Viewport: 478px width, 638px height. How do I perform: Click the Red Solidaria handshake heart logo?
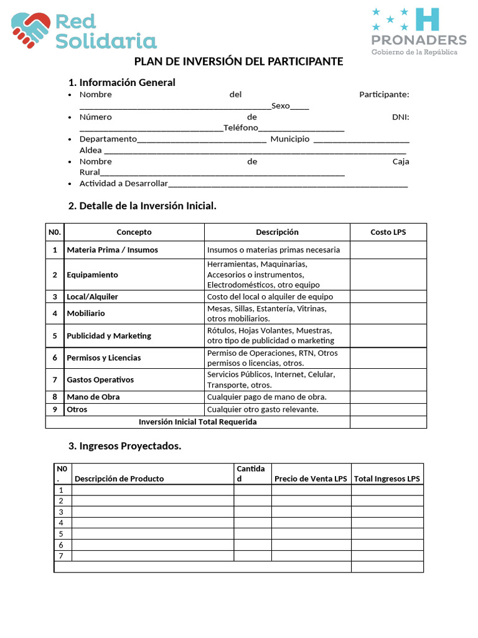click(x=30, y=29)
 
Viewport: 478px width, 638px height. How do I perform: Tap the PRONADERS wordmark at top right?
click(x=418, y=40)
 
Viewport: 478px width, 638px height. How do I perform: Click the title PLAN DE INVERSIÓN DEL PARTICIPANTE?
click(x=239, y=62)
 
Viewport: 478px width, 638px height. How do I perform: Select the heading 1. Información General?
click(x=121, y=82)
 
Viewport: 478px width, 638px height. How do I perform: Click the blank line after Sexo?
click(x=299, y=107)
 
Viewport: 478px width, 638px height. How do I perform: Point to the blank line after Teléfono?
click(x=301, y=128)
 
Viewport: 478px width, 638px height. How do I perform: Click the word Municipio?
click(x=289, y=139)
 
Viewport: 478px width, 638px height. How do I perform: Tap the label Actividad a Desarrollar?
click(x=124, y=184)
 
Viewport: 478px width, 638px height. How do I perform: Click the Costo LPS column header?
click(x=388, y=232)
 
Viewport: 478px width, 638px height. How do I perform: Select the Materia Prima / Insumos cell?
click(x=113, y=250)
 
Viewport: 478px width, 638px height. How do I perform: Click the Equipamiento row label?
click(x=93, y=275)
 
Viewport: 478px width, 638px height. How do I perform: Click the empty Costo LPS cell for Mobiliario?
click(x=388, y=313)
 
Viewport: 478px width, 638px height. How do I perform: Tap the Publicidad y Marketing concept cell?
click(x=109, y=336)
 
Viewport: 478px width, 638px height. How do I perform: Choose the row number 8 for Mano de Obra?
click(x=55, y=397)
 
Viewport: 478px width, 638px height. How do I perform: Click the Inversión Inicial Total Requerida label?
click(x=197, y=422)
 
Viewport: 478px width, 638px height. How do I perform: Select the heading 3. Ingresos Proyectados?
click(x=124, y=446)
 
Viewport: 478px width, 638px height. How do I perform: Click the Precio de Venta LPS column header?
click(x=311, y=478)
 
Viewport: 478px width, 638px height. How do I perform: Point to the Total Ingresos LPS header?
click(x=387, y=478)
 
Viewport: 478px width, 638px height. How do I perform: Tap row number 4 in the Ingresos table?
click(x=61, y=523)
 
